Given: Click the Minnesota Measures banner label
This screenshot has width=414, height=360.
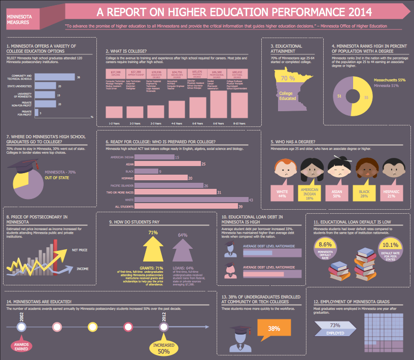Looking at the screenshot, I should pyautogui.click(x=20, y=19).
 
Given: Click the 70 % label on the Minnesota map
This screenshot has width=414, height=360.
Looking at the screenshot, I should pyautogui.click(x=288, y=78).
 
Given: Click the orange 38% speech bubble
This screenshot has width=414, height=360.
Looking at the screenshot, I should pyautogui.click(x=274, y=329).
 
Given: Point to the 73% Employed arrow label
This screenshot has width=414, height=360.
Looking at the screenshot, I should pyautogui.click(x=335, y=329).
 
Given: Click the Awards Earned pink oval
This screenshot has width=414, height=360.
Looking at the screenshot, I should pyautogui.click(x=21, y=347).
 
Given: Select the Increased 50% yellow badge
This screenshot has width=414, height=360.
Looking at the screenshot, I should pyautogui.click(x=163, y=348).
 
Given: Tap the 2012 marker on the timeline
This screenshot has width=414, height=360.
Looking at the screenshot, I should pyautogui.click(x=163, y=326).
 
